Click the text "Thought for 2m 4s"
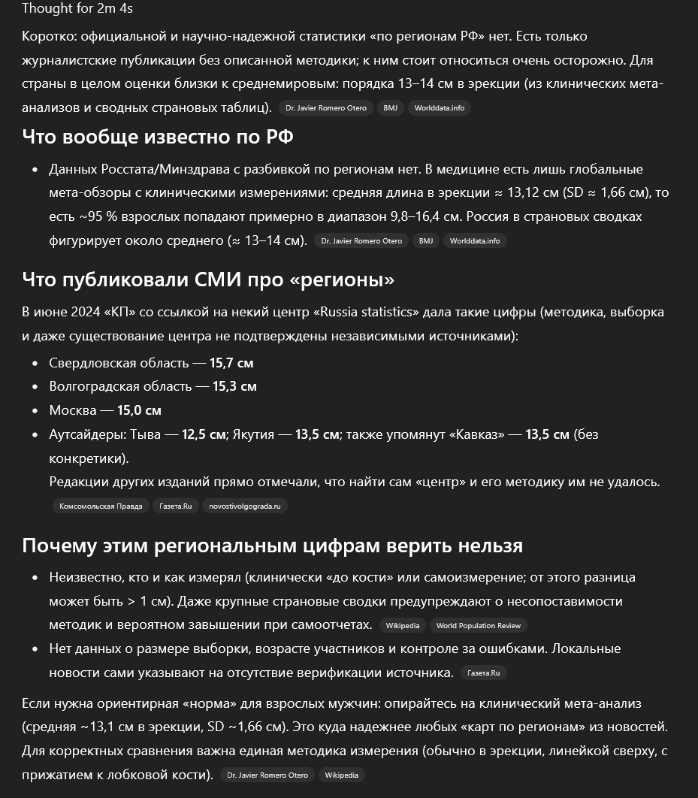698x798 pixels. pyautogui.click(x=67, y=9)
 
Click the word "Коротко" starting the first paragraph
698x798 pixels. pyautogui.click(x=47, y=36)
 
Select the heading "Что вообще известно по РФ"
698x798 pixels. pyautogui.click(x=157, y=137)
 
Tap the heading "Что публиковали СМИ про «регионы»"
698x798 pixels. pyautogui.click(x=208, y=280)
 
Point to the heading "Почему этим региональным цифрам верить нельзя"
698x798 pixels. pyautogui.click(x=272, y=545)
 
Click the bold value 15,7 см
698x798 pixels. pyautogui.click(x=231, y=363)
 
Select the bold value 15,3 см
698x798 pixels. pyautogui.click(x=234, y=387)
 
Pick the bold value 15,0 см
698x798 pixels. pyautogui.click(x=139, y=411)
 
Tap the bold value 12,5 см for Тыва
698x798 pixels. pyautogui.click(x=204, y=434)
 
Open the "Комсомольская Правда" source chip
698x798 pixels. pyautogui.click(x=101, y=506)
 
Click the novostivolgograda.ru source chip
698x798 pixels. pyautogui.click(x=245, y=506)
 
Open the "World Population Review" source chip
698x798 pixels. pyautogui.click(x=479, y=625)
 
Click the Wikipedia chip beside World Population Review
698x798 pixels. pyautogui.click(x=403, y=625)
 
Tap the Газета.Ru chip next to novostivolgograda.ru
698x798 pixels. pyautogui.click(x=176, y=506)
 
